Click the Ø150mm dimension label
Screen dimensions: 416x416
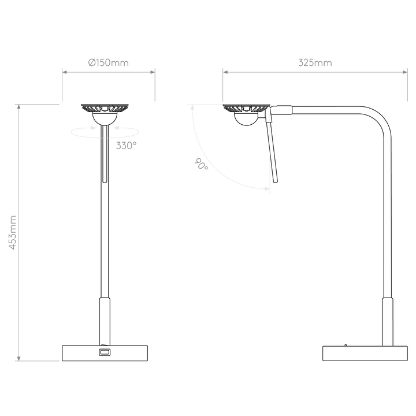[x=108, y=63]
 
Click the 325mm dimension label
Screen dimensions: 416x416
[x=315, y=63]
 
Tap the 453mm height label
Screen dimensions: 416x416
[x=13, y=232]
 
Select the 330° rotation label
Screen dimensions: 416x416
[x=127, y=146]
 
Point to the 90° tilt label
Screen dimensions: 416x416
[x=202, y=164]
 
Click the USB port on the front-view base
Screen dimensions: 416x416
[x=105, y=352]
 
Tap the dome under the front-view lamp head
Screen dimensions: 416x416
[x=104, y=118]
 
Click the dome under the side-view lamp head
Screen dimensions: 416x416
[x=246, y=118]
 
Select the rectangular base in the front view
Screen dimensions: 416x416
[x=105, y=353]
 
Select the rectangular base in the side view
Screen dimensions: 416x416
[x=365, y=354]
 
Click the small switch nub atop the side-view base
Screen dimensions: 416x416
[x=346, y=345]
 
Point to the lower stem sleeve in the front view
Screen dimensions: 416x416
[x=105, y=321]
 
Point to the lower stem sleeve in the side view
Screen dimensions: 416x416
[x=388, y=322]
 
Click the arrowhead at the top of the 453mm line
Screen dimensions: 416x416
[x=18, y=107]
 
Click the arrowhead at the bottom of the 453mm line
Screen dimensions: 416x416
[x=18, y=358]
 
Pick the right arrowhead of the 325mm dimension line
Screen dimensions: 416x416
[x=405, y=72]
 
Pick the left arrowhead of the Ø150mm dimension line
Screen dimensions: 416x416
[x=65, y=72]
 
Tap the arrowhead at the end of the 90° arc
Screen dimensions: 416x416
[x=267, y=188]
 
